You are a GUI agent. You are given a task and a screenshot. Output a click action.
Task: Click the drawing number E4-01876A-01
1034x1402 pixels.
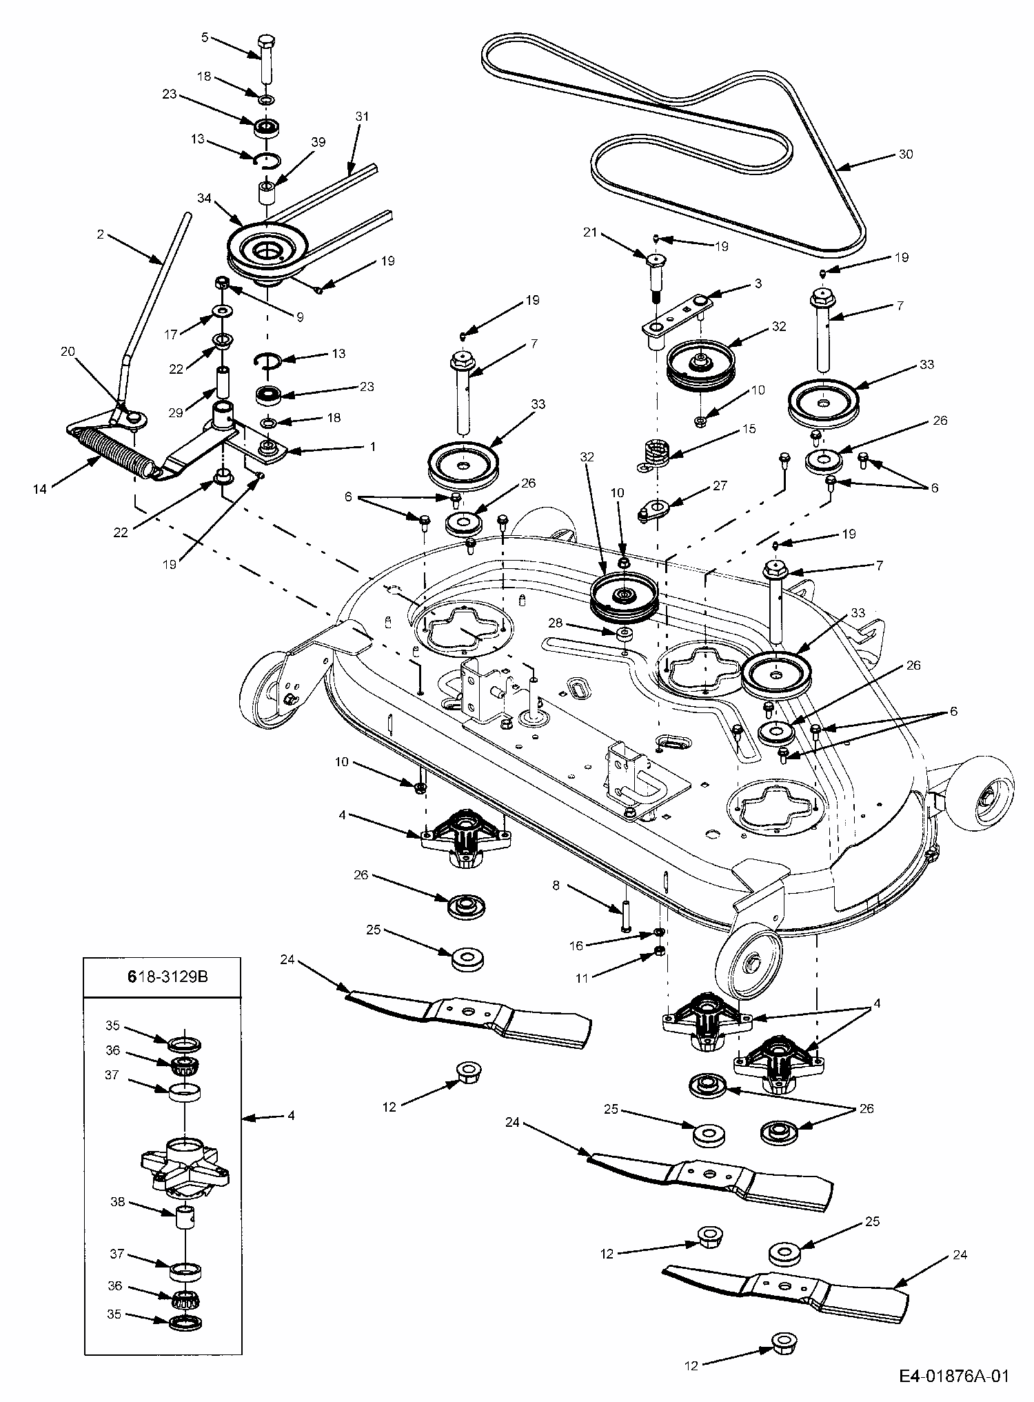pyautogui.click(x=954, y=1376)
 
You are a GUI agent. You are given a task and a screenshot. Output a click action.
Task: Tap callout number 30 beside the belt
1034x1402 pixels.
pyautogui.click(x=905, y=154)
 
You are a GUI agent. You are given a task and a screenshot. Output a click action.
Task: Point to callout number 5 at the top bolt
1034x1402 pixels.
pyautogui.click(x=204, y=38)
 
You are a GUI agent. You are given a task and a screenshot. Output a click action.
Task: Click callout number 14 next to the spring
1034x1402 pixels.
pyautogui.click(x=39, y=489)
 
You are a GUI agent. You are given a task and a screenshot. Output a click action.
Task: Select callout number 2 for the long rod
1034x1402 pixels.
pyautogui.click(x=101, y=235)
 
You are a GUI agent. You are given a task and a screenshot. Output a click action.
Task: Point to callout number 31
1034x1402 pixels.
pyautogui.click(x=362, y=117)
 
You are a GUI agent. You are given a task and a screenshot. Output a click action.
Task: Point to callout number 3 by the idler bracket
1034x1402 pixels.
pyautogui.click(x=758, y=283)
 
